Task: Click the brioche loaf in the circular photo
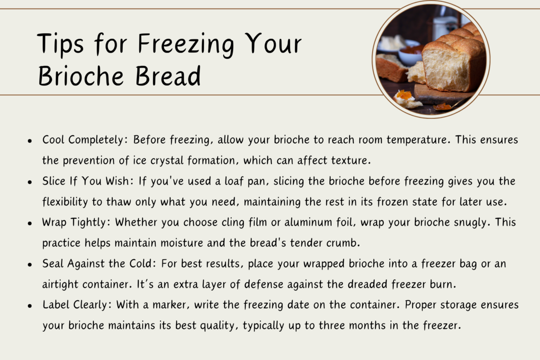coord(452,63)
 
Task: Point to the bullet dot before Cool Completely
coord(30,140)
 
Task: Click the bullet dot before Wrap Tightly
coord(30,223)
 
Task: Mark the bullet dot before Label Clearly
coord(30,306)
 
